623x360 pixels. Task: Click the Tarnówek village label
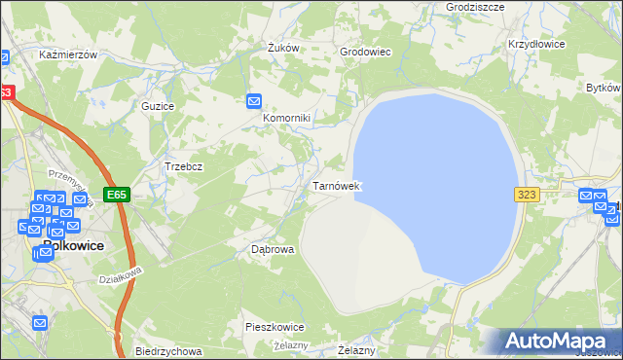click(337, 185)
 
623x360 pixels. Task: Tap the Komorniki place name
click(286, 119)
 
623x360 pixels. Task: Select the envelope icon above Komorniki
click(254, 100)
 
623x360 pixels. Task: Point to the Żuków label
click(281, 48)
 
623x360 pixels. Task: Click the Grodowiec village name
click(364, 52)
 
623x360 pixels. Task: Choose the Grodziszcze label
click(447, 6)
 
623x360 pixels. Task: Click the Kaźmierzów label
click(68, 55)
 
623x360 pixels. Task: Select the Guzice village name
click(158, 105)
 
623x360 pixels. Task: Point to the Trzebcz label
click(183, 166)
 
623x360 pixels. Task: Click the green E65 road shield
click(117, 195)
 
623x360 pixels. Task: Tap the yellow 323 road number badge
click(527, 195)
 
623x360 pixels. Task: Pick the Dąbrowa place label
click(273, 249)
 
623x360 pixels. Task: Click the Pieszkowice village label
click(275, 327)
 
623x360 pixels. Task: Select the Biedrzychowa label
click(168, 351)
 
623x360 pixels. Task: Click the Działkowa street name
click(121, 275)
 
